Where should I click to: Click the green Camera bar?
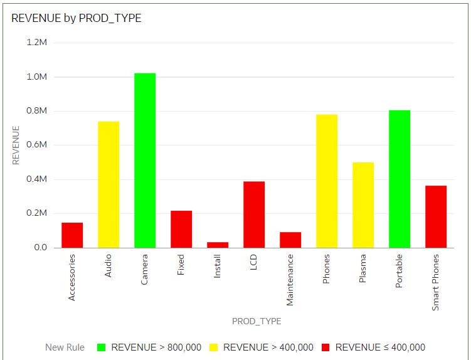(x=145, y=161)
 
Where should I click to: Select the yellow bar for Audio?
(x=108, y=184)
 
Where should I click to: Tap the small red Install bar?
(x=218, y=245)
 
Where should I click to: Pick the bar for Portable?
(x=400, y=179)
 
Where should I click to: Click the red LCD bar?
(x=254, y=214)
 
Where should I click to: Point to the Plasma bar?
(x=363, y=205)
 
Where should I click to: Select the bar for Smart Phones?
(x=436, y=216)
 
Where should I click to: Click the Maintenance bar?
(x=290, y=240)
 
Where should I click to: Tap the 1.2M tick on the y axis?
(x=37, y=43)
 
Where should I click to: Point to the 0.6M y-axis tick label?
(x=37, y=145)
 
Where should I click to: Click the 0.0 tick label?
(x=40, y=248)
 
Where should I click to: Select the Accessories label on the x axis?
(x=72, y=277)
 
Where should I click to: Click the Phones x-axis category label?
(x=327, y=268)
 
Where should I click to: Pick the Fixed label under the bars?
(x=181, y=265)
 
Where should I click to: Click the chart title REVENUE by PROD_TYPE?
(x=77, y=18)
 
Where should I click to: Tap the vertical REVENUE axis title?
(x=16, y=145)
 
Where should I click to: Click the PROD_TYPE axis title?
(x=257, y=321)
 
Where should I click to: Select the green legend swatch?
(x=102, y=347)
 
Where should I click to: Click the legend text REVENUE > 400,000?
(x=268, y=347)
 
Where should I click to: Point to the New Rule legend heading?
(x=65, y=347)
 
